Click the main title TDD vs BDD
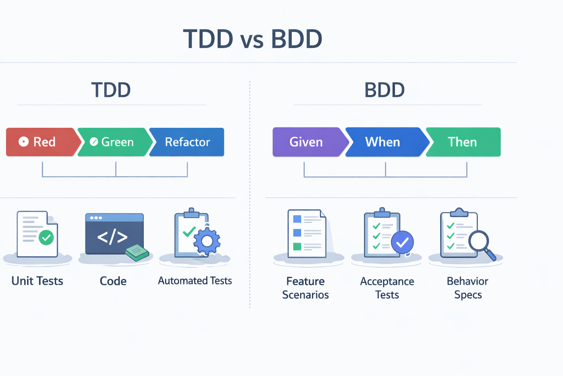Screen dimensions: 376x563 point(253,39)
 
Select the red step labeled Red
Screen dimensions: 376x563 point(42,142)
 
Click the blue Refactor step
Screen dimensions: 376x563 point(187,142)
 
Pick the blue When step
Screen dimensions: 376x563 point(384,142)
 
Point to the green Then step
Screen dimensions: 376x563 point(463,142)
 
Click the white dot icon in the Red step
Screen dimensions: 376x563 point(24,142)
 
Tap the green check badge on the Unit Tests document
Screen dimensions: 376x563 point(46,238)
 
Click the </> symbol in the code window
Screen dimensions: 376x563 point(112,237)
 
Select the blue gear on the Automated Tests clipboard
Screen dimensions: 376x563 point(207,241)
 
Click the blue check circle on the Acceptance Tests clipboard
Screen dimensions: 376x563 point(402,242)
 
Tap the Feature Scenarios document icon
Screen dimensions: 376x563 point(306,234)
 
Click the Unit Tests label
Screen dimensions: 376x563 point(37,281)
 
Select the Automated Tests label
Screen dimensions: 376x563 point(195,281)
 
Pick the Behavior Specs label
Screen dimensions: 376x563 point(467,288)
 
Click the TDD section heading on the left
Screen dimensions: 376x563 point(111,90)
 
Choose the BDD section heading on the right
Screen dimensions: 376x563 point(384,90)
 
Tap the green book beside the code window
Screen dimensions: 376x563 point(137,253)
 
